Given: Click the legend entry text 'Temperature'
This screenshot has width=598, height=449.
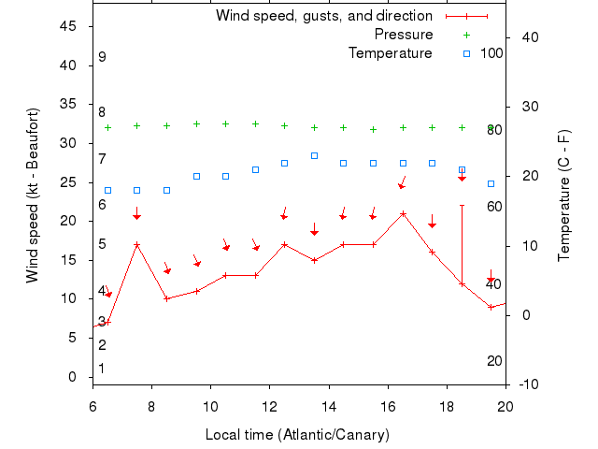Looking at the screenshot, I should (390, 53).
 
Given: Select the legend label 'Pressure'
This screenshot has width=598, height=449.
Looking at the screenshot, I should (404, 35).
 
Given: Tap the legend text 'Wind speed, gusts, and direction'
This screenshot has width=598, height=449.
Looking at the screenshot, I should (324, 16).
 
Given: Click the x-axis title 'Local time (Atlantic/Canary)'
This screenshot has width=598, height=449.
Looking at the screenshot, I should (297, 435).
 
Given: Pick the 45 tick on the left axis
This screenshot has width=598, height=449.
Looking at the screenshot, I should (68, 26).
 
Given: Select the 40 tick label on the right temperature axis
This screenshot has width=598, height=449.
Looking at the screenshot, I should (529, 37).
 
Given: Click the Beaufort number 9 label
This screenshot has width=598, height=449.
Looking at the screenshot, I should (102, 57).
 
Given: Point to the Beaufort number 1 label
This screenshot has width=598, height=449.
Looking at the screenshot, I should (102, 369).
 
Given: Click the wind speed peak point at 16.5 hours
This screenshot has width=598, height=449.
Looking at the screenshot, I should (403, 213).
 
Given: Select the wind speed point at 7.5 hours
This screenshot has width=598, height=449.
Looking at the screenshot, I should (137, 244).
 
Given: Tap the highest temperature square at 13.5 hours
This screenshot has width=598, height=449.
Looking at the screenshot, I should (314, 155).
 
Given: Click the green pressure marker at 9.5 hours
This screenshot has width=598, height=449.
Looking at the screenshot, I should (196, 123).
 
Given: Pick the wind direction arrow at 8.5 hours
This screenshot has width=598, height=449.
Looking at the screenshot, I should (167, 269).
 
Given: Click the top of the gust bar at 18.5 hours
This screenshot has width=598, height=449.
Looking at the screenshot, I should (462, 205).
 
